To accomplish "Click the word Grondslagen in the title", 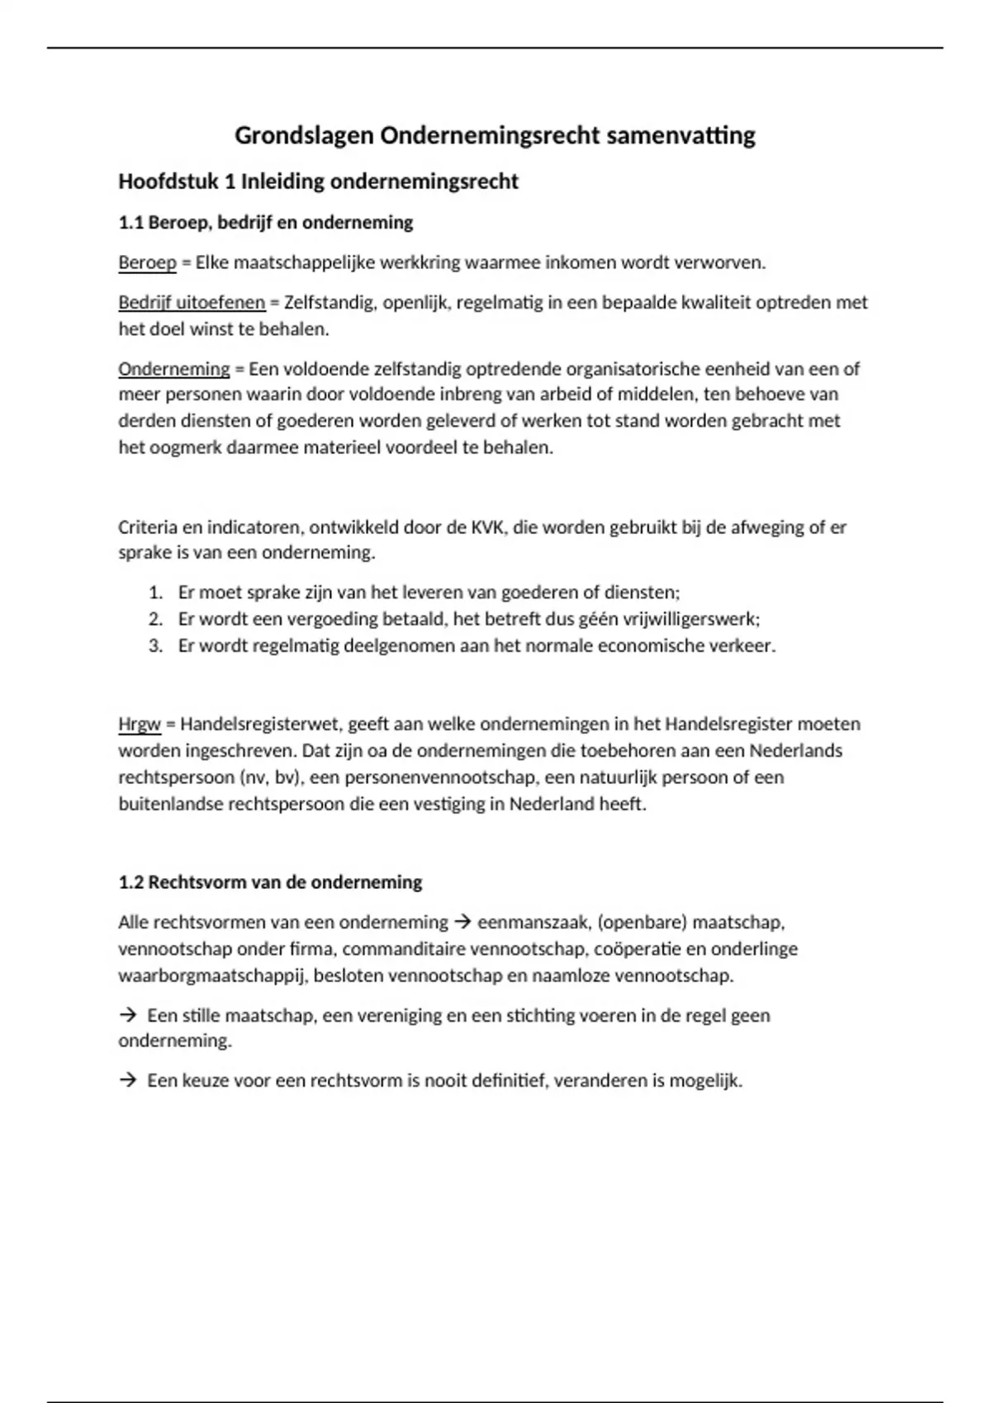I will (x=304, y=136).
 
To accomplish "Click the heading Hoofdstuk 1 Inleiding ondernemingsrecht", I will (x=318, y=182).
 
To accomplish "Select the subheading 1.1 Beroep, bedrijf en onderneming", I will (x=265, y=223).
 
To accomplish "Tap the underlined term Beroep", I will (x=147, y=263).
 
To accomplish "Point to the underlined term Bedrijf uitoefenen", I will (x=192, y=303).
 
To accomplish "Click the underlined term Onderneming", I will (x=173, y=369).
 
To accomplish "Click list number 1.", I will (x=155, y=593).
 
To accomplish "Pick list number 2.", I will (x=155, y=619).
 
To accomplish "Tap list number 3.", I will (x=155, y=645).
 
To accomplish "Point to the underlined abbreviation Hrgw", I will (x=139, y=725).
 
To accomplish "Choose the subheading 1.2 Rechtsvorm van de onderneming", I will (x=270, y=882).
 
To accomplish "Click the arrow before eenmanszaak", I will (x=462, y=922).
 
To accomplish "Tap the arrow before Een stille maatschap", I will (x=127, y=1015).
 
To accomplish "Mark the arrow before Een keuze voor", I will (x=127, y=1080).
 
